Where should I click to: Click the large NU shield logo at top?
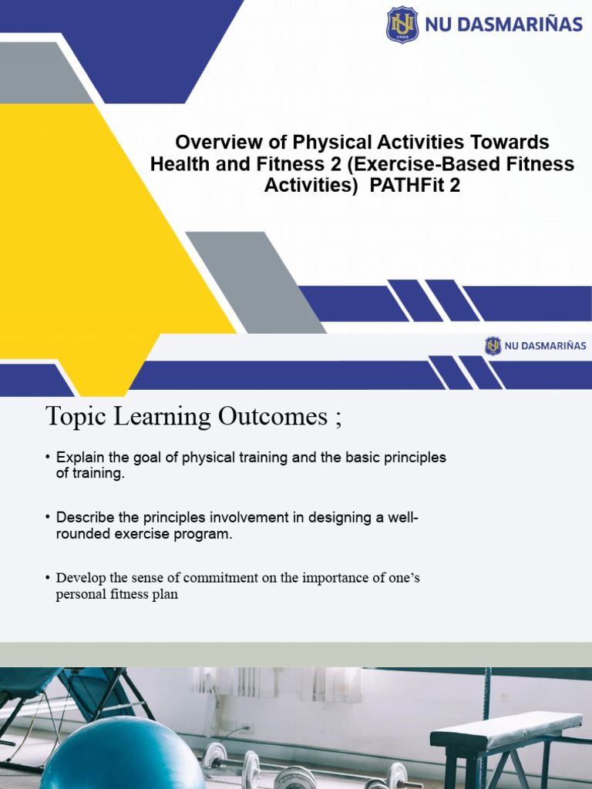point(402,24)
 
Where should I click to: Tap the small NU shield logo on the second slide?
point(493,346)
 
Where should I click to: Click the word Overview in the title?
point(210,143)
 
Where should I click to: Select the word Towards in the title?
point(510,143)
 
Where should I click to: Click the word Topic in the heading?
point(74,416)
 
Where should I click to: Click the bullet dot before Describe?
point(49,518)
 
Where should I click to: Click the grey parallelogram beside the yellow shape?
point(254,281)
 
